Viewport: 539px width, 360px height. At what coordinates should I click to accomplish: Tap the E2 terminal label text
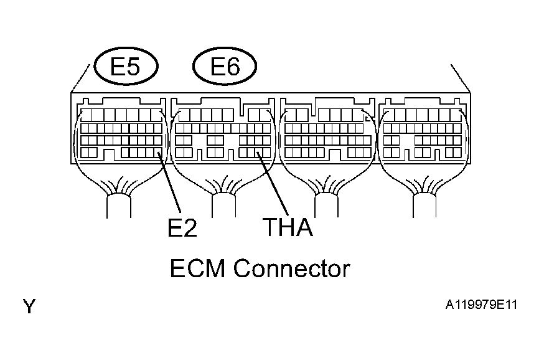182,227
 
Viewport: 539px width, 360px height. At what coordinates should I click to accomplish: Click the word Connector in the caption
292,268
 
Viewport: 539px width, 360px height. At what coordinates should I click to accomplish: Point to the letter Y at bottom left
29,306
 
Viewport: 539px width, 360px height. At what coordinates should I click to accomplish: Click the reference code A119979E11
481,305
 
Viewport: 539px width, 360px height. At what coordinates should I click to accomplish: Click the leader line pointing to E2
169,182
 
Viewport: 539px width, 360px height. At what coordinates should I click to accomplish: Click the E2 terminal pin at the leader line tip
158,153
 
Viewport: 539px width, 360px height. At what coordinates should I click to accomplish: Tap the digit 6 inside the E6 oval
233,67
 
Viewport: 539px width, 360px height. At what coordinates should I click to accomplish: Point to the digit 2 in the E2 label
190,227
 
